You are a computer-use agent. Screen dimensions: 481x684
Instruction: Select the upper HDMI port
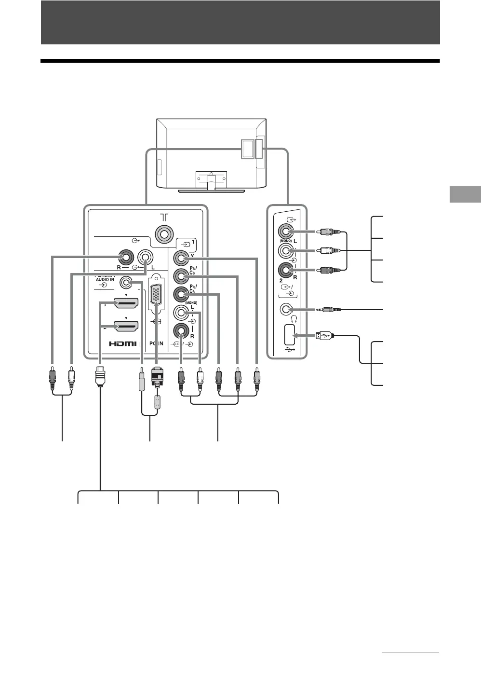click(126, 303)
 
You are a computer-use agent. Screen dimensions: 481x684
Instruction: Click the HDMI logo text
click(123, 344)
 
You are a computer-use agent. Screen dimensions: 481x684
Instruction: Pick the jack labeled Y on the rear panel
click(181, 259)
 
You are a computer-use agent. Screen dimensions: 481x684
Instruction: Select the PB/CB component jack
click(181, 276)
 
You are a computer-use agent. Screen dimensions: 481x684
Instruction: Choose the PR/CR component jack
click(181, 294)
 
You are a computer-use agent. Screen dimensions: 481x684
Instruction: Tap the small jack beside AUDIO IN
click(127, 281)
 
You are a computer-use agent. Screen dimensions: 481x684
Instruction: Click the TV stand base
click(212, 191)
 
